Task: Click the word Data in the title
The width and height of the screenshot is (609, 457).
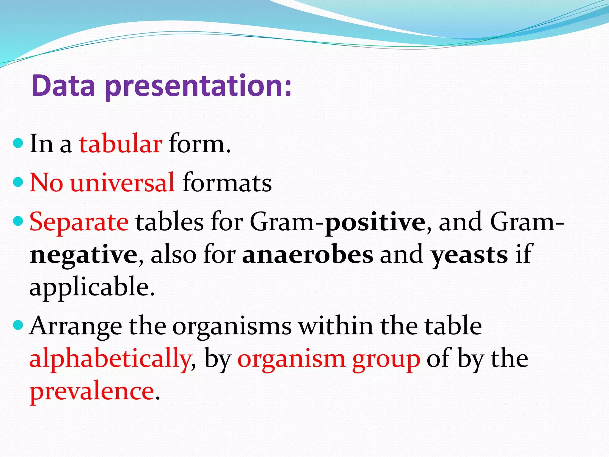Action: click(x=63, y=86)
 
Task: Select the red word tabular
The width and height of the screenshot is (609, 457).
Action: click(x=120, y=144)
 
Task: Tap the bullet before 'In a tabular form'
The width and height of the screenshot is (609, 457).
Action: click(x=18, y=143)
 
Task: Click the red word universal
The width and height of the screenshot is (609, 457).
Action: click(x=123, y=182)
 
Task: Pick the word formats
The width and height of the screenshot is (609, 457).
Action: click(x=227, y=182)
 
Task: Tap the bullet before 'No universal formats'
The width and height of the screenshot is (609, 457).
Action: click(x=18, y=182)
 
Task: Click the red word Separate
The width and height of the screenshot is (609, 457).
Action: click(x=79, y=222)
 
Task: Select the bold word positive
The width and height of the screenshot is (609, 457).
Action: click(x=375, y=222)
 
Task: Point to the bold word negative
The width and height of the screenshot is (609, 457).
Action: click(x=84, y=255)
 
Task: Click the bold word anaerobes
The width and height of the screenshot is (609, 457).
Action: click(x=307, y=255)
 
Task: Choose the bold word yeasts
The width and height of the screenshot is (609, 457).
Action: click(x=470, y=255)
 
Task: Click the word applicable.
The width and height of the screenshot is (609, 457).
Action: click(x=92, y=287)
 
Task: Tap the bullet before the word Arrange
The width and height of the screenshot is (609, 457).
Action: click(x=18, y=325)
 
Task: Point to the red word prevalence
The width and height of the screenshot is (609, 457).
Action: click(x=92, y=392)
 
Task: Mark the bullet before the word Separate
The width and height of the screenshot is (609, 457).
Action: click(x=18, y=221)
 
